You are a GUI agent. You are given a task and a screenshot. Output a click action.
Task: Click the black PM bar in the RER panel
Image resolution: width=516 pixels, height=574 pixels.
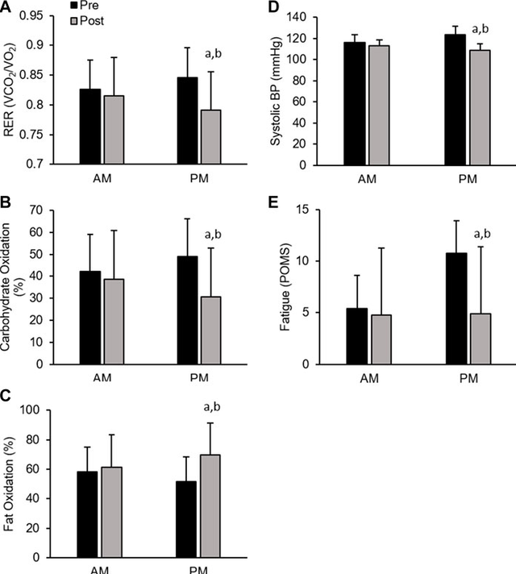188,120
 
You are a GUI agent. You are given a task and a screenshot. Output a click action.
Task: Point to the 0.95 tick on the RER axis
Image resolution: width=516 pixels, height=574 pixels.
48,15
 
